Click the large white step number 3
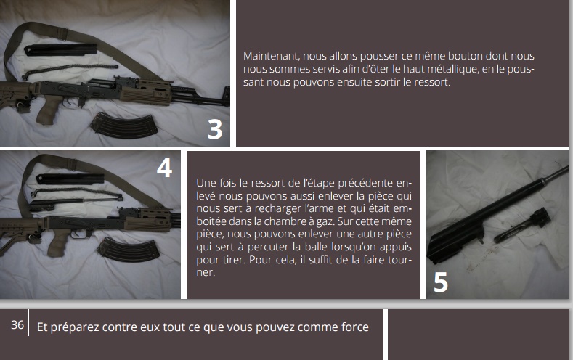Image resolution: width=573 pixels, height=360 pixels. [x=215, y=129]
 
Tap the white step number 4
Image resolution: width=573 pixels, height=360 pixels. [x=164, y=168]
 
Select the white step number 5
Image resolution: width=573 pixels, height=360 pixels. [x=441, y=282]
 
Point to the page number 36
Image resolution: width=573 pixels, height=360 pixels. [x=17, y=324]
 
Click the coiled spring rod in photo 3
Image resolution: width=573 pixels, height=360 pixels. [x=70, y=71]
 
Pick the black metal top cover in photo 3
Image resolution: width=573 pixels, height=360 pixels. [x=61, y=49]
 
